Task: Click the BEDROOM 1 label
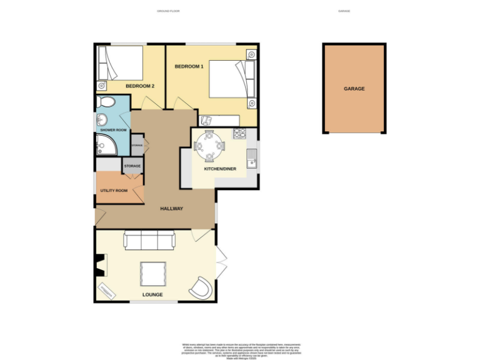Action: tap(189, 66)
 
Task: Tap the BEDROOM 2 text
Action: tap(140, 86)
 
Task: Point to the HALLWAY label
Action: tap(171, 208)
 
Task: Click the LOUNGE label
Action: tap(152, 294)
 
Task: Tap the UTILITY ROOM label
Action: tap(114, 190)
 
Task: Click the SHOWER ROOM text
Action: tap(113, 130)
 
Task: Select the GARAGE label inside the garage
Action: tap(354, 89)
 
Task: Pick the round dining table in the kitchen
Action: tap(209, 146)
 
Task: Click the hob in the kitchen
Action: tap(241, 132)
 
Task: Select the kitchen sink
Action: tap(252, 160)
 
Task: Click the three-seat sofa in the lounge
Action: tap(149, 239)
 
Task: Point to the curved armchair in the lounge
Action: tap(201, 287)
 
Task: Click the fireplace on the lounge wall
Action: tap(98, 266)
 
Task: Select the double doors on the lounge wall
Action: tap(220, 262)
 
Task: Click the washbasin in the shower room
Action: tap(101, 120)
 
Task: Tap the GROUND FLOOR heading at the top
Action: tap(168, 11)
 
